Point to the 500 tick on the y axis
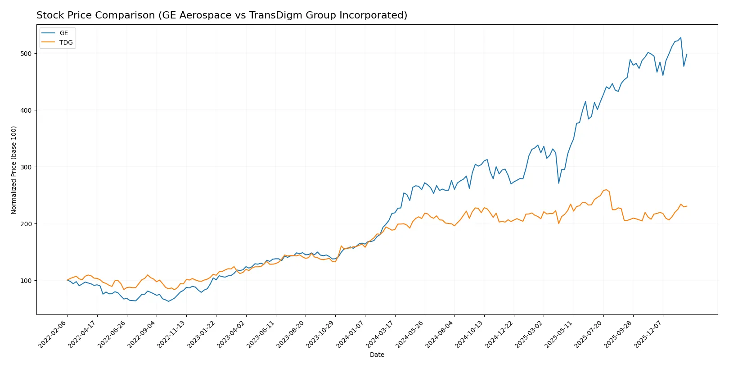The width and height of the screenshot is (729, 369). (x=26, y=54)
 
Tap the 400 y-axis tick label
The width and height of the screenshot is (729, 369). (x=26, y=110)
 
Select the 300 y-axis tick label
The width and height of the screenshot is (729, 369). (x=26, y=167)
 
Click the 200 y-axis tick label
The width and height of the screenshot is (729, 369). (x=26, y=224)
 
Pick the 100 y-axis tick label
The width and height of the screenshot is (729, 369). (x=26, y=281)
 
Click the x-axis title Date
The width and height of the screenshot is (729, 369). (x=377, y=355)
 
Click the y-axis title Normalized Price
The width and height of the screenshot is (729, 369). (x=14, y=170)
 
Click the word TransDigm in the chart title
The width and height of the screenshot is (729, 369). (x=274, y=15)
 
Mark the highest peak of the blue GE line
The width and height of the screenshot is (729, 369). (x=680, y=38)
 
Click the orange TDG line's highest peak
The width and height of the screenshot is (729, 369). (x=606, y=190)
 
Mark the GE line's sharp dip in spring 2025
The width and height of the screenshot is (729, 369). (x=558, y=183)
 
